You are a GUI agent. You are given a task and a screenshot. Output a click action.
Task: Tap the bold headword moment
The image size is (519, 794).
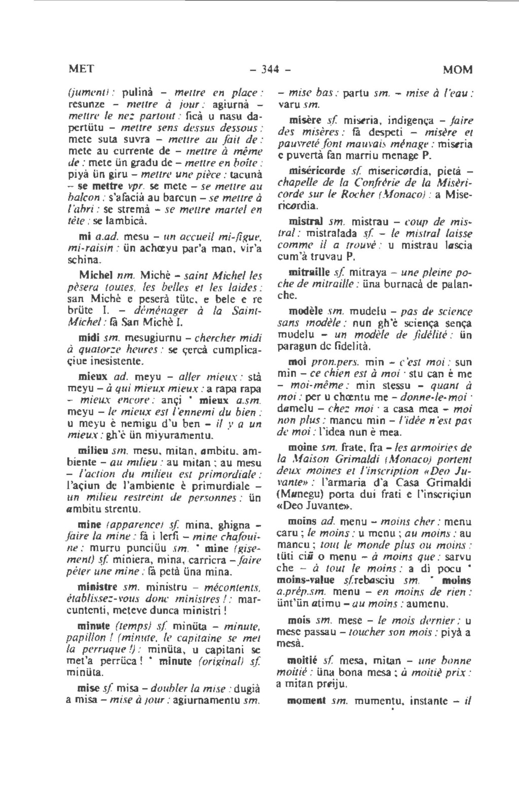click(306, 702)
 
